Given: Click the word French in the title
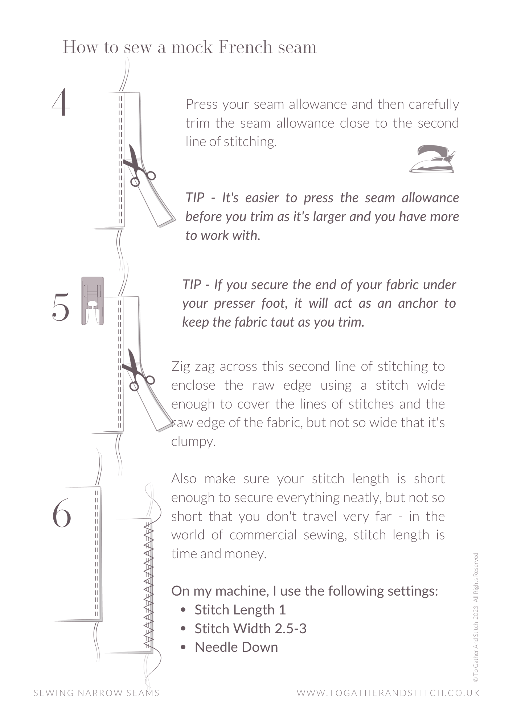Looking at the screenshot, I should (x=245, y=47).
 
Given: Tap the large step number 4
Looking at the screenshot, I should (x=61, y=102).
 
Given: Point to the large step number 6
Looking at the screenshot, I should (x=62, y=513).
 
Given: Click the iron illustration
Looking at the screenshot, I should (x=432, y=159).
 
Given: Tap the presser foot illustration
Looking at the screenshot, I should (x=93, y=301).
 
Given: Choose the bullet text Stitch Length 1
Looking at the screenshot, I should (x=240, y=610).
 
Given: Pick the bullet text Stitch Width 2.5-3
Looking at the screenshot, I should (x=250, y=629).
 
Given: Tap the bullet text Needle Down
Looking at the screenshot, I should (x=236, y=647).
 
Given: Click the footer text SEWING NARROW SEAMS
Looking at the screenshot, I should (x=97, y=693).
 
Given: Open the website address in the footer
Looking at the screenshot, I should (x=388, y=693).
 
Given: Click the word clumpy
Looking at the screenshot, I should (x=193, y=442).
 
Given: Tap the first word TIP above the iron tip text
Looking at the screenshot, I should (x=195, y=198).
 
